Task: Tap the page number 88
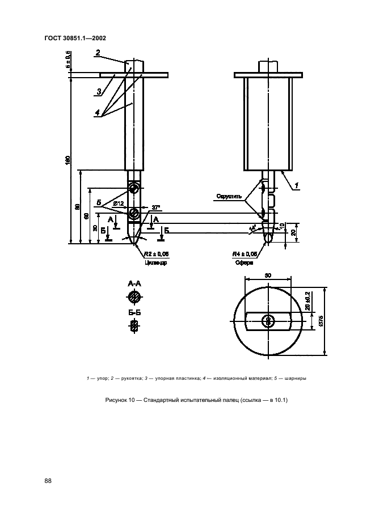48,481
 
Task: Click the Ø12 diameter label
119,203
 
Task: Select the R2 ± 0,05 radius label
157,255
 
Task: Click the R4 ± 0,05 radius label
245,255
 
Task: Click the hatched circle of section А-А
134,298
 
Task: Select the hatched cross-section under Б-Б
134,326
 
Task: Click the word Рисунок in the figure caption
117,401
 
